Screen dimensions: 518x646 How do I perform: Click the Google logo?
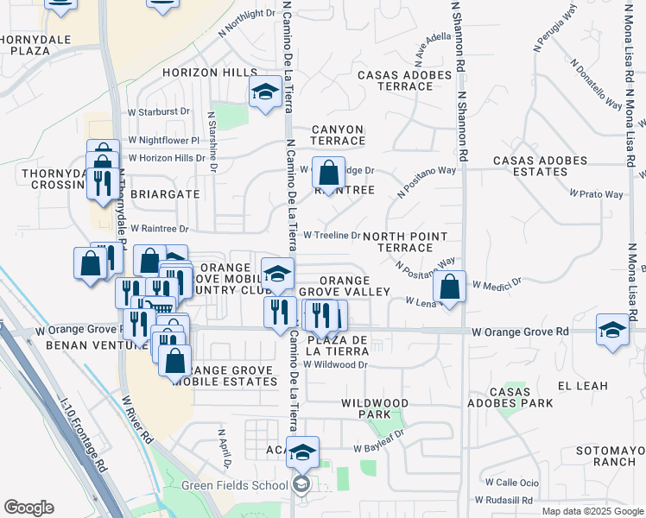tap(28, 507)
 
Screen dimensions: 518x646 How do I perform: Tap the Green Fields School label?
tap(234, 485)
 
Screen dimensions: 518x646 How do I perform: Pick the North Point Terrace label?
tap(404, 242)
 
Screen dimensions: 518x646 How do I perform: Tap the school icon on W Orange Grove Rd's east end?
tap(612, 330)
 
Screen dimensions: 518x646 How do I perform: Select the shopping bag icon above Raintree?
tap(328, 172)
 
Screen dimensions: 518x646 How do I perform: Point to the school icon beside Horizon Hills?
tap(265, 91)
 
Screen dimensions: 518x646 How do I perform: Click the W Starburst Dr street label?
tap(158, 111)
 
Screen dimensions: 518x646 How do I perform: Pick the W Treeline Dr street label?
tap(332, 235)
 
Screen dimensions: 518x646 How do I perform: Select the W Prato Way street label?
tap(597, 194)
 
